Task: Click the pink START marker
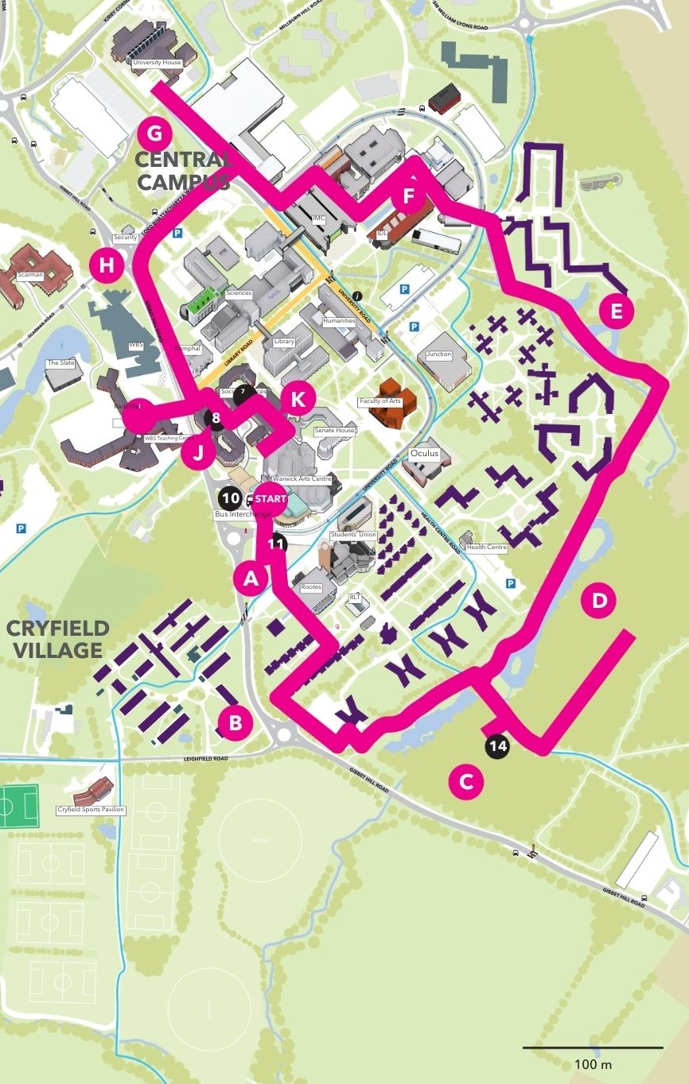click(x=271, y=498)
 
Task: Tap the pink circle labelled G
click(x=154, y=132)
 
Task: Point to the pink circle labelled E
click(x=616, y=311)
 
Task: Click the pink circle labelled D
click(x=599, y=602)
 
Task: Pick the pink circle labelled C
click(x=466, y=782)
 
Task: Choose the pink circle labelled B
click(x=236, y=723)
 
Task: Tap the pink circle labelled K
click(x=298, y=399)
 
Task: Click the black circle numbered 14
click(x=499, y=746)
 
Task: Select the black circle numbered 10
click(x=231, y=498)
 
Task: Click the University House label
click(x=158, y=62)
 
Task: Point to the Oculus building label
click(x=424, y=453)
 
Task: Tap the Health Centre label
click(x=486, y=547)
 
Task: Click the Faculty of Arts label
click(x=380, y=401)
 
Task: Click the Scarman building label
click(x=29, y=274)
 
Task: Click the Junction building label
click(x=438, y=354)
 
